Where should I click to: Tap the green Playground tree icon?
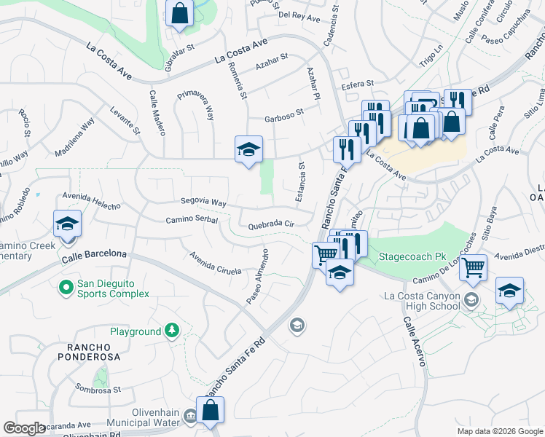point(172,331)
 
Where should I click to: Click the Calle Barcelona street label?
point(94,255)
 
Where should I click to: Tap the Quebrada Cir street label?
point(271,225)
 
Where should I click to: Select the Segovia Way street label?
point(203,203)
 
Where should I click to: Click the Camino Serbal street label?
point(192,219)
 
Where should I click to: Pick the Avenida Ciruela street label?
point(215,263)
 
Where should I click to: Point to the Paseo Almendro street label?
point(257,278)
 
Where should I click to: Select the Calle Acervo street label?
point(412,345)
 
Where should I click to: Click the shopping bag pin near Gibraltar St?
point(179,13)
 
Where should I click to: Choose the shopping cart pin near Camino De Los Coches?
point(474,268)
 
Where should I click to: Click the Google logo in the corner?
point(24,428)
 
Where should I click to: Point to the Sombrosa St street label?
point(97,390)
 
